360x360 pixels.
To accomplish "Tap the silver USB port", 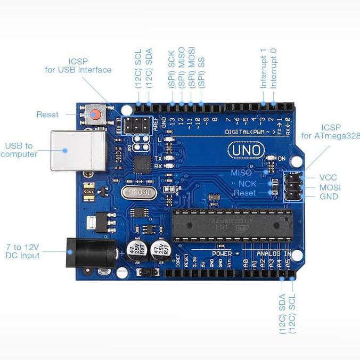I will coord(77,151).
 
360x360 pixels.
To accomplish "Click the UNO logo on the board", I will coord(246,150).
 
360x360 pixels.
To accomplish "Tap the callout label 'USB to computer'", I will coord(19,150).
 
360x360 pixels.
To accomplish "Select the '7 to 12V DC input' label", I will coord(23,251).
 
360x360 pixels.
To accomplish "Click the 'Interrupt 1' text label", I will coord(263,68).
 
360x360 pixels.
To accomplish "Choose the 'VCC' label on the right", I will coord(328,177).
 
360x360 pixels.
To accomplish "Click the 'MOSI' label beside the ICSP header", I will coord(330,187).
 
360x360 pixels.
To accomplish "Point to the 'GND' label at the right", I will coord(329,197).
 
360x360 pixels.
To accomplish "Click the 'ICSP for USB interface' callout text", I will coord(85,66).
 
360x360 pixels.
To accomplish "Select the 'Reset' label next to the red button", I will coord(47,114).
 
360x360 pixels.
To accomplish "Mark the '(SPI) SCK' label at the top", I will coord(171,70).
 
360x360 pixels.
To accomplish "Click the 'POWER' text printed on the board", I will coord(222,253).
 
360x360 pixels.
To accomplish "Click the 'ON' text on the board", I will coord(282,159).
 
